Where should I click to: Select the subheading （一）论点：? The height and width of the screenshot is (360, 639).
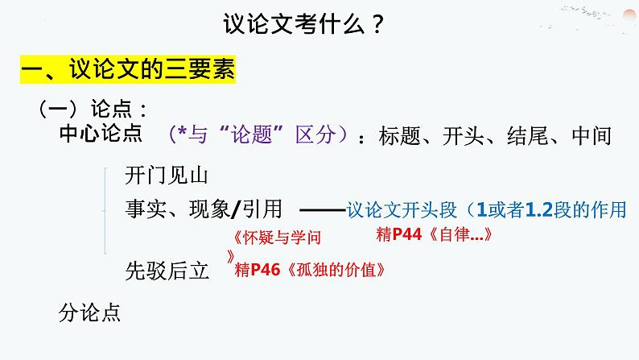[89, 110]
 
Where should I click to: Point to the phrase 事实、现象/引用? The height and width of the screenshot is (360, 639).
[204, 209]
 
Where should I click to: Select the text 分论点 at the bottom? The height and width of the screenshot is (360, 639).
[90, 312]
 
